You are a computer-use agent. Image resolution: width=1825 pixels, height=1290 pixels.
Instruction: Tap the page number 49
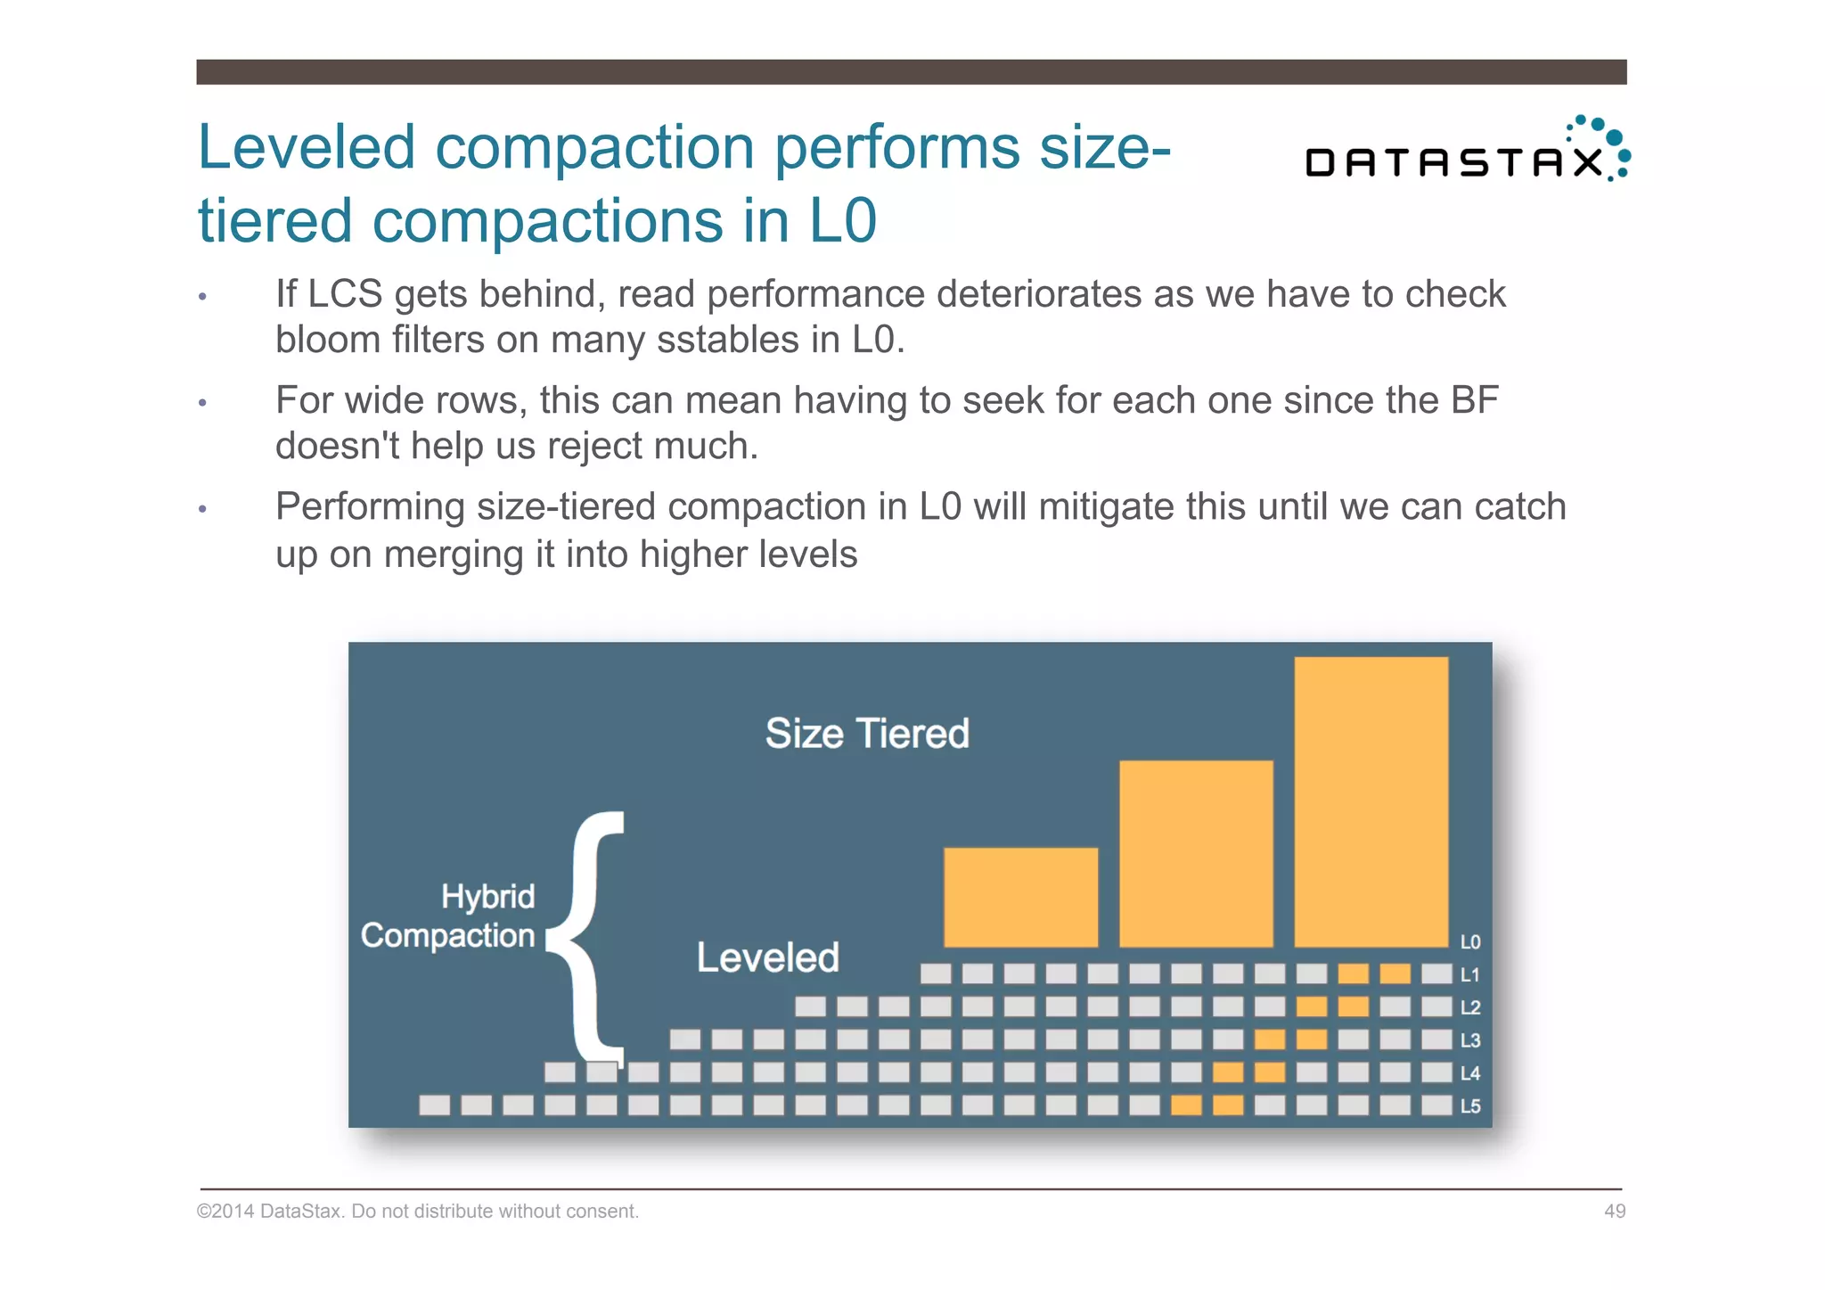[x=1615, y=1211]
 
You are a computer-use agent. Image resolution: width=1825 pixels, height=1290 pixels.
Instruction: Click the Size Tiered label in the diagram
[x=867, y=734]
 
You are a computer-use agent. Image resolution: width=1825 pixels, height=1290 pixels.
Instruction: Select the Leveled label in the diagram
[x=767, y=957]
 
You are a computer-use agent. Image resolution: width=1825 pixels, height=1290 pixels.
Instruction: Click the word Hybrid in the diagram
[x=487, y=896]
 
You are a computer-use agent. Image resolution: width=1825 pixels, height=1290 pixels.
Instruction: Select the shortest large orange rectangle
[x=1020, y=897]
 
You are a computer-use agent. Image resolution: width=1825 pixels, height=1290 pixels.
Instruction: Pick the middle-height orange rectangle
[x=1196, y=853]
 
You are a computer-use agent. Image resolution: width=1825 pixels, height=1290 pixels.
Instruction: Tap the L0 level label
[x=1470, y=942]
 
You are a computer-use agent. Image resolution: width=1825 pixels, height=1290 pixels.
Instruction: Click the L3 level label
[x=1470, y=1040]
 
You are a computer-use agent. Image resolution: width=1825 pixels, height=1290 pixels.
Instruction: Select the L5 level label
[x=1470, y=1106]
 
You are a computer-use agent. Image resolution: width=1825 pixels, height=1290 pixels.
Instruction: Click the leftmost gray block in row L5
[x=435, y=1105]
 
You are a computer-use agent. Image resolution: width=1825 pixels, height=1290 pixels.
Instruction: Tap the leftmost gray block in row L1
[x=936, y=974]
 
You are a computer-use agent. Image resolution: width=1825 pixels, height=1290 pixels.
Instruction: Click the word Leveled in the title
[x=306, y=147]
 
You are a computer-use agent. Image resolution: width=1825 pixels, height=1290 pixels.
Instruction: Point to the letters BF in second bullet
[x=1474, y=400]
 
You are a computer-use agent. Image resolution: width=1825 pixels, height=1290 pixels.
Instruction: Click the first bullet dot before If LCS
[x=203, y=297]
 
